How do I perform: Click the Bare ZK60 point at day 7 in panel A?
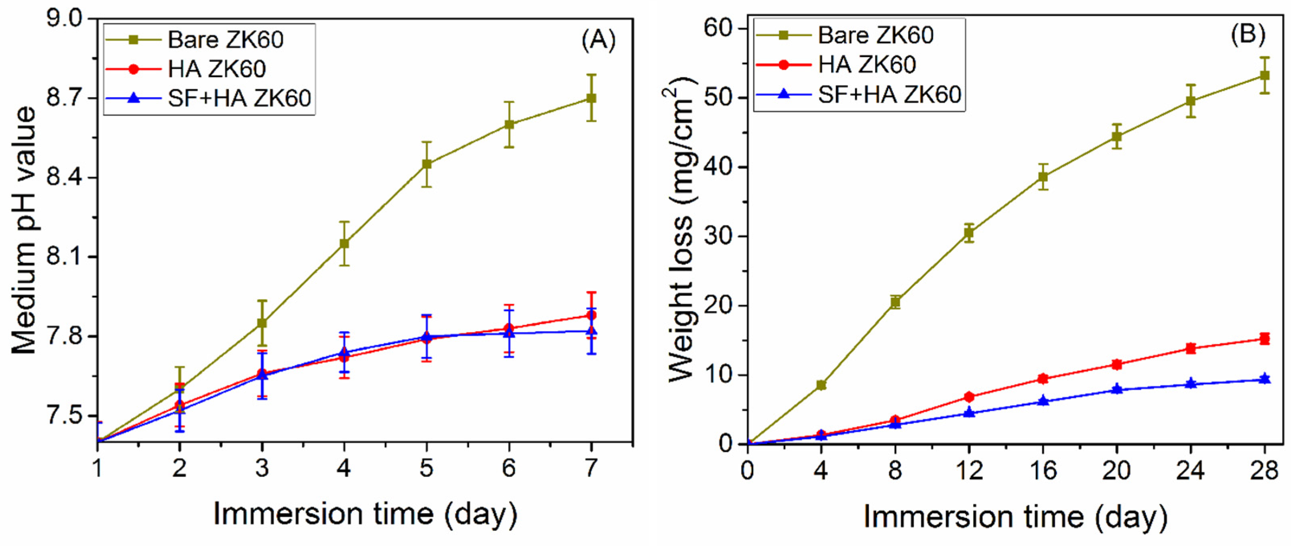(592, 98)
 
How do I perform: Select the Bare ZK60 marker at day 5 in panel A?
(427, 164)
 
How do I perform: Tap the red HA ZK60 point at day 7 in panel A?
(592, 315)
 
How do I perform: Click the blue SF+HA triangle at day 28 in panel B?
(1265, 379)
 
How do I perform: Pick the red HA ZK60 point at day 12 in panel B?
(969, 397)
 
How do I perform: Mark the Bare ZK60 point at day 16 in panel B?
(1043, 177)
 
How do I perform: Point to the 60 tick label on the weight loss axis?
(719, 28)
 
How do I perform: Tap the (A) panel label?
(598, 40)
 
